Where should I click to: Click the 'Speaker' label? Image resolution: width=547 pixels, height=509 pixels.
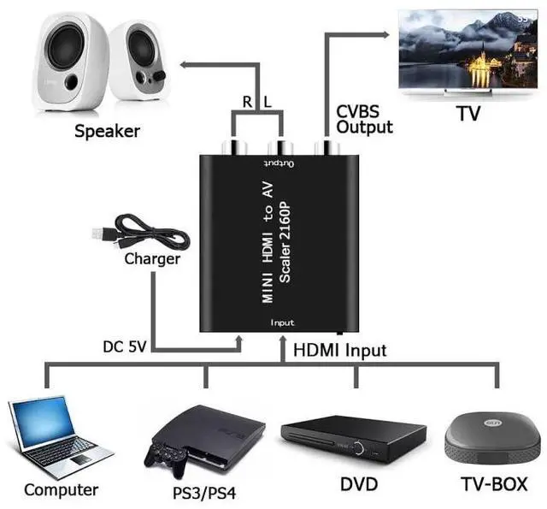click(x=107, y=131)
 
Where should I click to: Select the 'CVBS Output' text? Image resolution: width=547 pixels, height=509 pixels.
click(x=364, y=119)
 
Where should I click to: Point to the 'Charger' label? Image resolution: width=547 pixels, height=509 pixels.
click(x=152, y=258)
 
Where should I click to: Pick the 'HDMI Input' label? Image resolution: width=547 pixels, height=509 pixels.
click(x=339, y=350)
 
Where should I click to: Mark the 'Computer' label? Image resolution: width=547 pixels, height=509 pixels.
click(x=61, y=490)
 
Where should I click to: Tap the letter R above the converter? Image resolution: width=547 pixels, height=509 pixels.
click(x=247, y=102)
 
